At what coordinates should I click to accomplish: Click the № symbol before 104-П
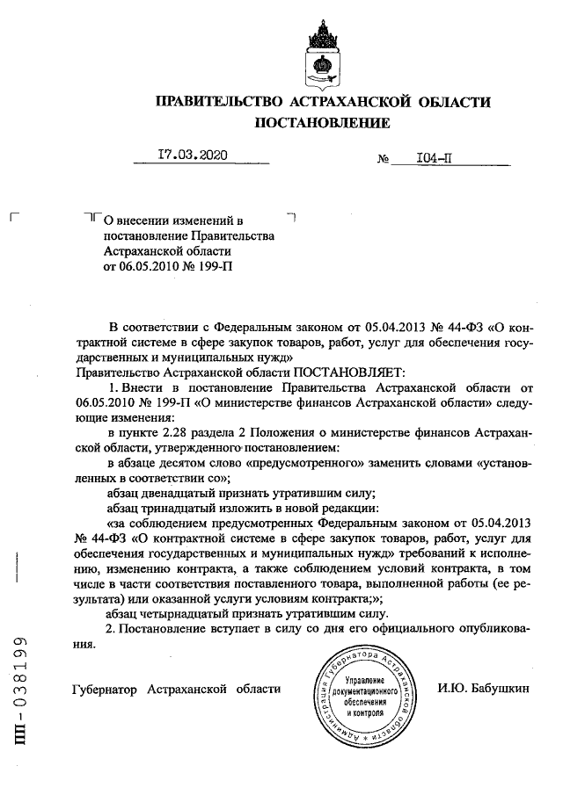point(383,160)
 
